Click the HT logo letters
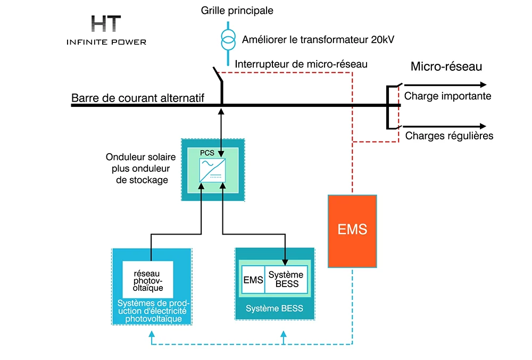tap(106, 24)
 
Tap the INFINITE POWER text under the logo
tap(106, 42)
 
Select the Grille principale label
tap(237, 11)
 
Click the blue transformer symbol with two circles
tap(228, 40)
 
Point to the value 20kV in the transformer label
tap(383, 40)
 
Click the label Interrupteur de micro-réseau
tap(301, 64)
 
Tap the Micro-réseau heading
tap(446, 66)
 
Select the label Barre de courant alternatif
tap(137, 98)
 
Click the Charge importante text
tap(447, 96)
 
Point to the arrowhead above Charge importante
tap(484, 85)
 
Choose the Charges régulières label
tap(449, 136)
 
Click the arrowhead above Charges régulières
tap(483, 126)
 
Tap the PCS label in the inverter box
tap(207, 153)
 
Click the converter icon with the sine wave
tap(212, 171)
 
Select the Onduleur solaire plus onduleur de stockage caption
tap(141, 169)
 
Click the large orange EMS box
tap(352, 231)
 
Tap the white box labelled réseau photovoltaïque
tap(148, 280)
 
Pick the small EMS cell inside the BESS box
tap(253, 280)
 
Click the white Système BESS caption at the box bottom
tap(275, 308)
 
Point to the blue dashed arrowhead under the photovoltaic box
tap(152, 334)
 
